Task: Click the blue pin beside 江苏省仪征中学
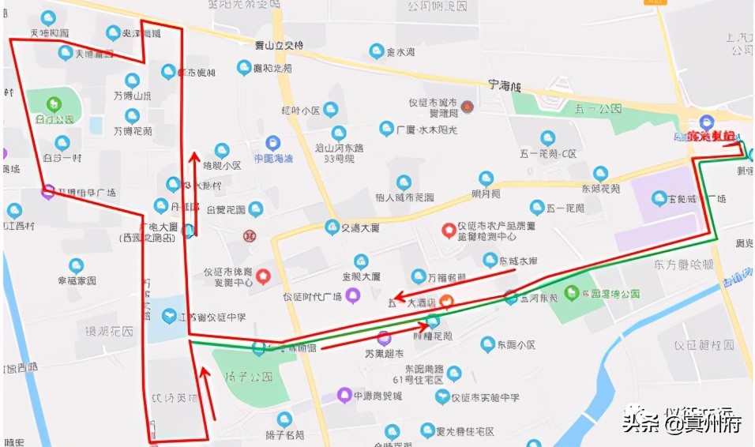pyautogui.click(x=168, y=316)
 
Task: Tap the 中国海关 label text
pyautogui.click(x=272, y=158)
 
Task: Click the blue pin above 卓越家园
pyautogui.click(x=76, y=265)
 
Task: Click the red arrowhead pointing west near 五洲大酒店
pyautogui.click(x=400, y=299)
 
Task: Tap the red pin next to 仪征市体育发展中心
pyautogui.click(x=264, y=276)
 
